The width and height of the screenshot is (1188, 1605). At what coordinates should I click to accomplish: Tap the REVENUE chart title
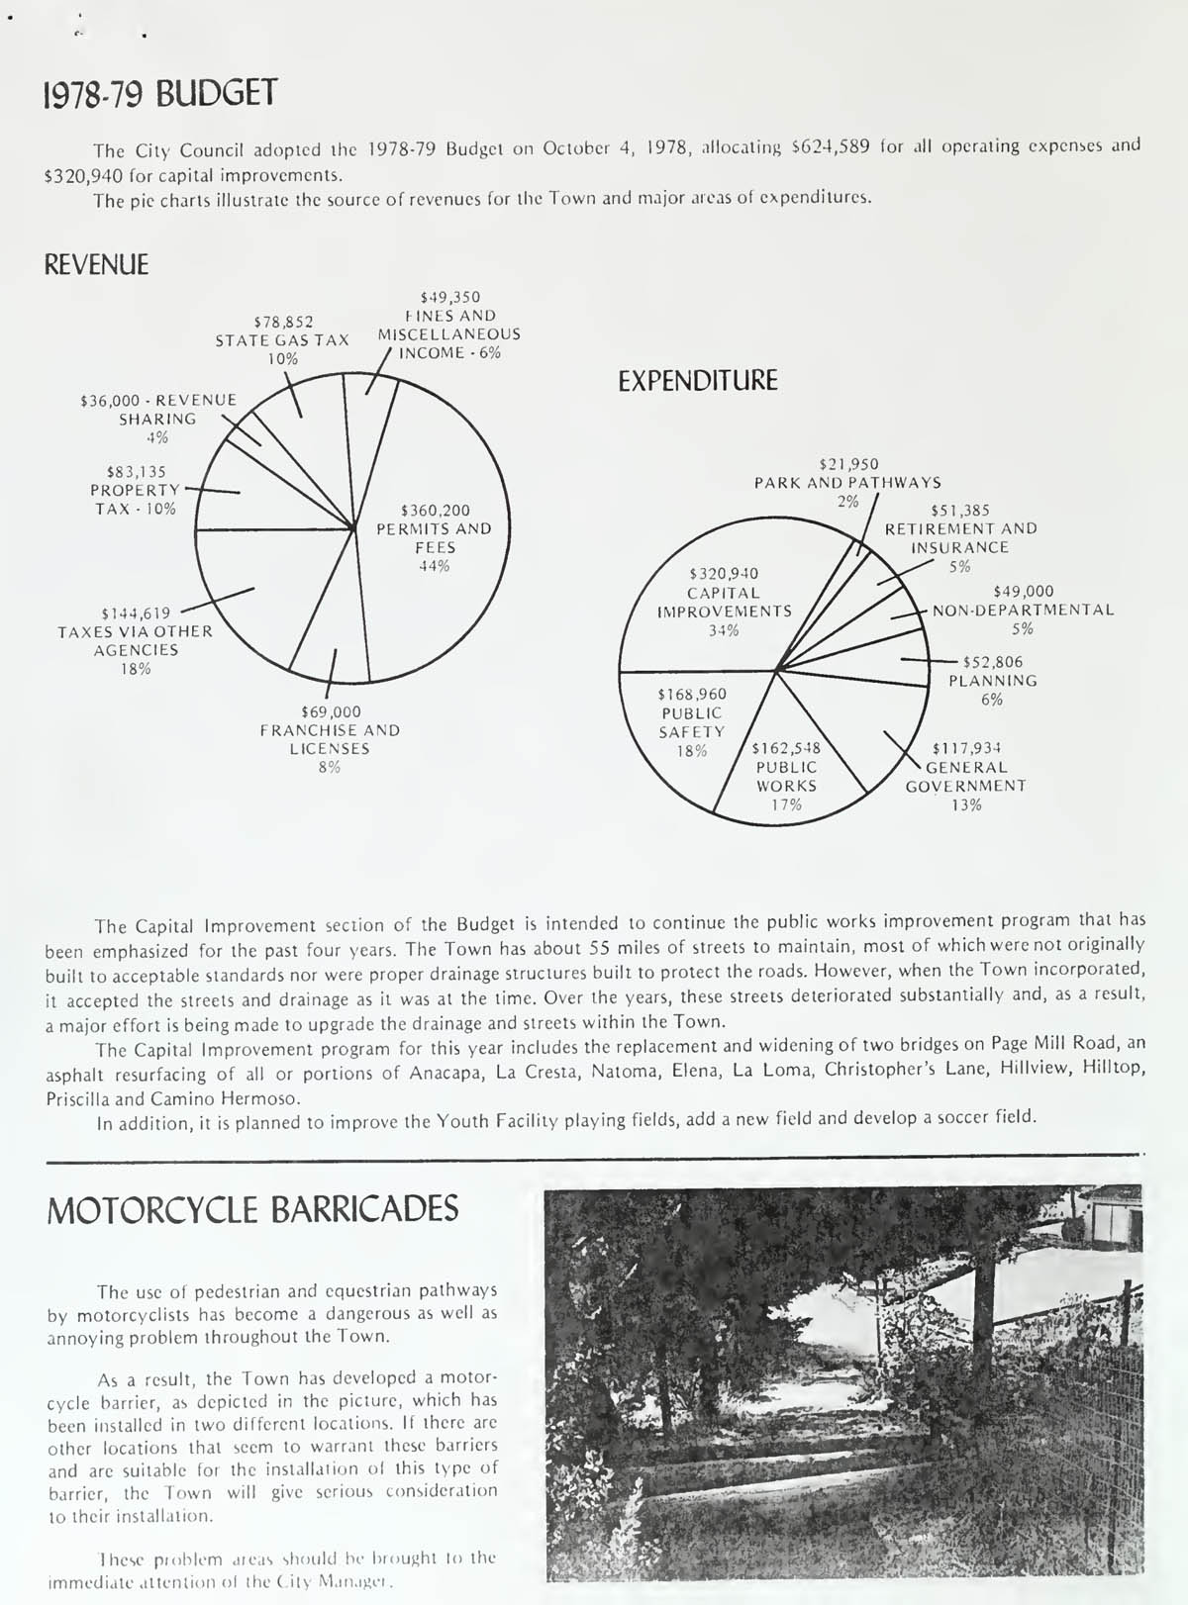[x=97, y=265]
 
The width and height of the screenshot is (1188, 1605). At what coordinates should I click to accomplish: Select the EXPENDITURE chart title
[x=698, y=381]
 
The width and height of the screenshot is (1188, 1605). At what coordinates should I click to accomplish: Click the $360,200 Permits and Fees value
[x=435, y=511]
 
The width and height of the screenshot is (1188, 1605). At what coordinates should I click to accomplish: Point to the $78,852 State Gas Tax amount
[x=283, y=322]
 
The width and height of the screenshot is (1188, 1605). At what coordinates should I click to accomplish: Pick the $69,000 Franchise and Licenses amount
[x=331, y=711]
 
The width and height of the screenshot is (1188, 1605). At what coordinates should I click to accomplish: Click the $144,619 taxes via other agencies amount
[x=136, y=614]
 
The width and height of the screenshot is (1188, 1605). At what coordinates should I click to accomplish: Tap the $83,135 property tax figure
[x=136, y=472]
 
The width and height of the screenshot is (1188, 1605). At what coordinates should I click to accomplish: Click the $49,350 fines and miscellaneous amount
[x=449, y=297]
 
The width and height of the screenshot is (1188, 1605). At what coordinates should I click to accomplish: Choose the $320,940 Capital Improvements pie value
[x=724, y=574]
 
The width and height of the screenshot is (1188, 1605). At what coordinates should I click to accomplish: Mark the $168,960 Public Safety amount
[x=692, y=695]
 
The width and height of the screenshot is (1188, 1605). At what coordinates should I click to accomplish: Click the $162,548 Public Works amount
[x=786, y=748]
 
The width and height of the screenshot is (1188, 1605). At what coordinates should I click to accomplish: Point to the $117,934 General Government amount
[x=966, y=748]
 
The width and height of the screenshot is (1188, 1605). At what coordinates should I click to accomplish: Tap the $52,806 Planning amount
[x=992, y=662]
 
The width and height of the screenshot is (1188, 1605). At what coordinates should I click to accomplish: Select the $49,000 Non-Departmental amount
[x=1024, y=592]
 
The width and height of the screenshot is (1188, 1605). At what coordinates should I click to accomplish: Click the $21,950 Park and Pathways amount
[x=848, y=464]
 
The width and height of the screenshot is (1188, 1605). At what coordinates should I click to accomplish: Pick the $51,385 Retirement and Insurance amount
[x=960, y=511]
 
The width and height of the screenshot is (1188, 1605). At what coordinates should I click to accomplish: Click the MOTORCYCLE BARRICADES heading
[x=252, y=1209]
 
